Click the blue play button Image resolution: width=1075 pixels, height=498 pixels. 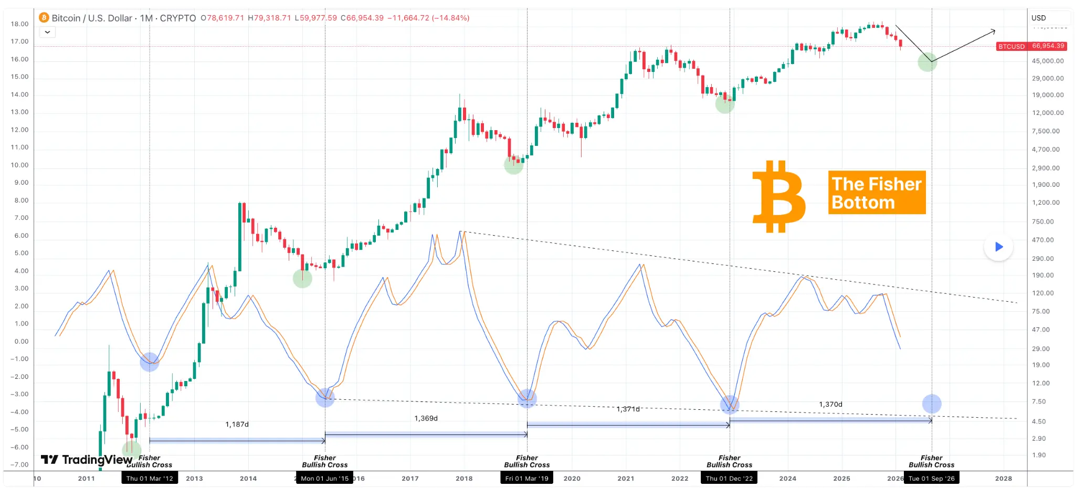pos(998,247)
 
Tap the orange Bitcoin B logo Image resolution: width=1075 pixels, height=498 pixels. pos(779,196)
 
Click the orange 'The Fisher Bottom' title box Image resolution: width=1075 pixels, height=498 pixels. pos(877,193)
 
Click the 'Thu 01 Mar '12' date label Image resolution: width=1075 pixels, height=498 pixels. pos(150,478)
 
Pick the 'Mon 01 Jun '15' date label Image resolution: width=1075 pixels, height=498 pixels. pos(325,478)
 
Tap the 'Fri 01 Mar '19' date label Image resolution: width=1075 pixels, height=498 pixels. pos(526,478)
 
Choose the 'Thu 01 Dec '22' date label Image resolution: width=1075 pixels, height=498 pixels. pos(729,478)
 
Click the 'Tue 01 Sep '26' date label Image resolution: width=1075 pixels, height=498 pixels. pos(932,478)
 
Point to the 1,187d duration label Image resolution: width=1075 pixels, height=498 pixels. pos(237,424)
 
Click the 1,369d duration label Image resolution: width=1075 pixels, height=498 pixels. pos(426,418)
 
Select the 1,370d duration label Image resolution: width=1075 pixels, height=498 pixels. pos(830,404)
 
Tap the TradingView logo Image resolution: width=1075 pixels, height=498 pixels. pos(87,460)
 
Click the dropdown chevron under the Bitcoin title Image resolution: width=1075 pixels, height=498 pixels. pos(47,32)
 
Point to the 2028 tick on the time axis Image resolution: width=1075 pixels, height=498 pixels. pos(1003,478)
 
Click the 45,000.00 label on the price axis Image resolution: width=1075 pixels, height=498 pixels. pos(1048,61)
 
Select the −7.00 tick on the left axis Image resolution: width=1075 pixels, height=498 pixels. pos(20,464)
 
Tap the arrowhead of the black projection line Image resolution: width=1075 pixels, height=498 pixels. pos(993,31)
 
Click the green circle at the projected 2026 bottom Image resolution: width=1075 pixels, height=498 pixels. pos(928,62)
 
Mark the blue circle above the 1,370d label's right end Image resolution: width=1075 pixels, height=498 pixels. pos(932,404)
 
